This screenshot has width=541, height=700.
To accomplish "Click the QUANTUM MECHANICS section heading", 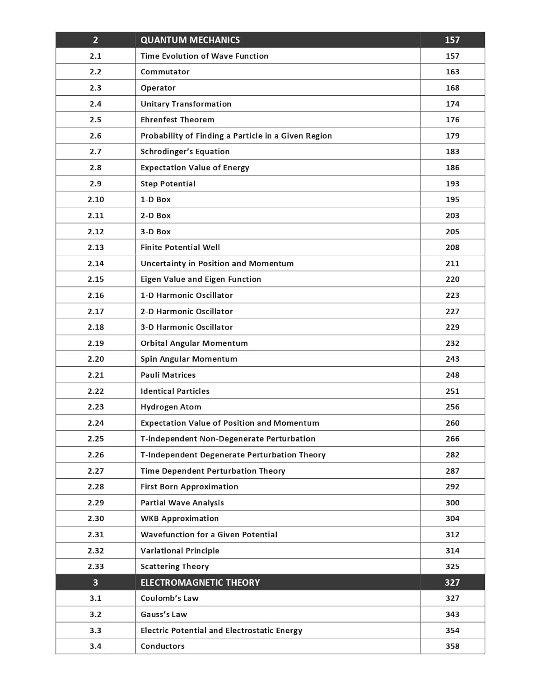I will pos(190,40).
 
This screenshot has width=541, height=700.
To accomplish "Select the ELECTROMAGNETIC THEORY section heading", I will pos(200,582).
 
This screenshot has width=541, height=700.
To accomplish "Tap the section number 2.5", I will pos(95,120).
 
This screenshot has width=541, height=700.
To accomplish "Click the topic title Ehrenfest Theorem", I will pos(177,120).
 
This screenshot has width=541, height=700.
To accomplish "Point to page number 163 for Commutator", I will pos(452,72).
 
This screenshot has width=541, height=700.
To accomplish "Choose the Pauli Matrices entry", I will pos(168,375).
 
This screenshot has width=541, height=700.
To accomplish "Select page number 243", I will pos(452,359).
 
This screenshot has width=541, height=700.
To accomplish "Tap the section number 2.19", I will pos(95,343).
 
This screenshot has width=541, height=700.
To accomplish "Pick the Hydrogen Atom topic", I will pos(171,407).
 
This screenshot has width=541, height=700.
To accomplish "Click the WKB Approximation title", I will pos(179,518).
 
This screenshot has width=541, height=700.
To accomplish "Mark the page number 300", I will pos(452,503).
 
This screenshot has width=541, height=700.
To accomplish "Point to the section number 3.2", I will pos(95,615).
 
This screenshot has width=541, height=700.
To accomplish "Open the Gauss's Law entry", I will pos(163,615).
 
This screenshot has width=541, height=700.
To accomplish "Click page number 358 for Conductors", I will pos(452,646).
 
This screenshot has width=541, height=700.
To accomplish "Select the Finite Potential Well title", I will pos(180,247).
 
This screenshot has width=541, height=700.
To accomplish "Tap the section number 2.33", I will pos(95,567).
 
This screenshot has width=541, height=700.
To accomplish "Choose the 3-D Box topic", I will pos(155,231).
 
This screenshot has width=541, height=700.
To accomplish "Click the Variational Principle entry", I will pos(180,551).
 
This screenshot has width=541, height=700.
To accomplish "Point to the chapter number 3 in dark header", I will pos(95,582).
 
